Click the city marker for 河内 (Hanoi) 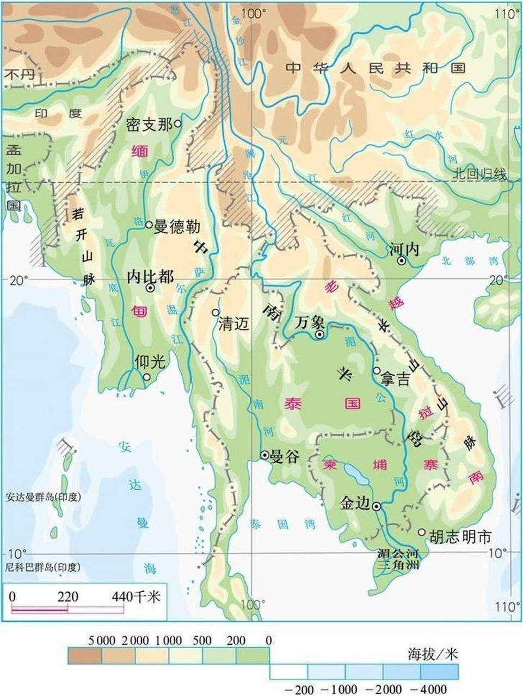coord(402,261)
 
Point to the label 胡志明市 coord(460,537)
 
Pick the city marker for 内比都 coord(150,289)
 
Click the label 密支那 coord(149,125)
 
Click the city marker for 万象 coord(320,334)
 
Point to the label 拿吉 coord(396,379)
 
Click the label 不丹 coord(19,74)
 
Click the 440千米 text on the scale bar coord(136,596)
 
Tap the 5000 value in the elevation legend coord(101,641)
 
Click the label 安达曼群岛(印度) coord(43,496)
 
